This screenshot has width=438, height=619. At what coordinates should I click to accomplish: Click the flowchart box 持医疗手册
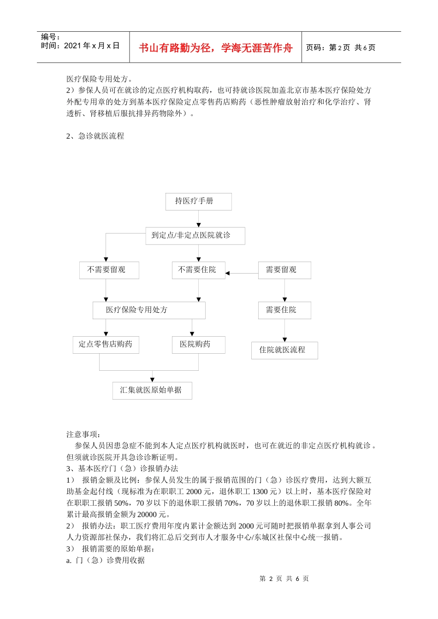(198, 201)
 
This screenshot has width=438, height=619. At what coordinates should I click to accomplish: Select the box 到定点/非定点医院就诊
(195, 235)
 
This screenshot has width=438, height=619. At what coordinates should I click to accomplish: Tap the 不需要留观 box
(109, 270)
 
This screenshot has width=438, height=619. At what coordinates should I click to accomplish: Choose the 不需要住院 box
(198, 270)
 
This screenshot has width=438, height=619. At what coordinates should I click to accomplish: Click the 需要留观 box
(284, 270)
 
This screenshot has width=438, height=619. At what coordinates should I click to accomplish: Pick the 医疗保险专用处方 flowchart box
(148, 310)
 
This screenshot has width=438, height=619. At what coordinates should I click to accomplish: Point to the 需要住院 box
(284, 310)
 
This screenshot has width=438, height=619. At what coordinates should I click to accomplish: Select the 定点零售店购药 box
(106, 345)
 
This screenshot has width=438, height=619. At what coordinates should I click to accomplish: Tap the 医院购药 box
(198, 345)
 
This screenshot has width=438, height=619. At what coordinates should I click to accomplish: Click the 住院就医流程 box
(284, 350)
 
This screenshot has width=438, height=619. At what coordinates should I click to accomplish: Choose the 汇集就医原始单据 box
(152, 390)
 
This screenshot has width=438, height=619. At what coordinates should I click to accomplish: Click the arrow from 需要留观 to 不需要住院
(242, 273)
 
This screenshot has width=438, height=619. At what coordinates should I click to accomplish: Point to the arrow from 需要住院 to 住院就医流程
(284, 331)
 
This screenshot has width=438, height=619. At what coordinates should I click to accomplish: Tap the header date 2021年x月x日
(92, 46)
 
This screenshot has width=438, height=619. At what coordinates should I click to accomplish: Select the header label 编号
(50, 37)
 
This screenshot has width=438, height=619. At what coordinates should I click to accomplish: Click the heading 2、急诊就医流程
(95, 136)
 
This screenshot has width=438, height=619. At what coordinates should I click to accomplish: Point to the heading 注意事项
(83, 434)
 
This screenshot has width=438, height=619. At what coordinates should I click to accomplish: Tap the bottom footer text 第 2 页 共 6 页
(284, 578)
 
